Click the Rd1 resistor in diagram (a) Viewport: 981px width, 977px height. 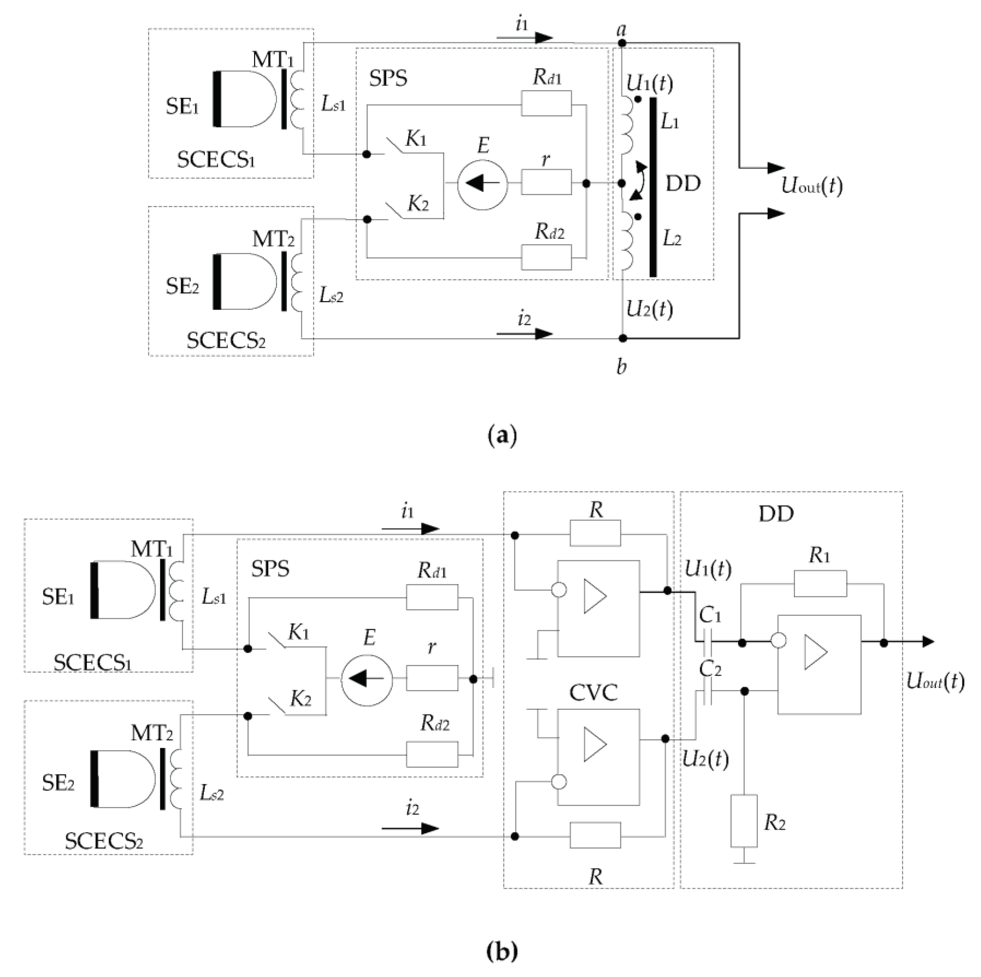point(546,104)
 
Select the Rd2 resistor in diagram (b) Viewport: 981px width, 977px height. point(432,755)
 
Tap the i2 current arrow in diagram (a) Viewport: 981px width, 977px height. point(525,334)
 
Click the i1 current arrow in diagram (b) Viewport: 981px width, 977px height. point(410,529)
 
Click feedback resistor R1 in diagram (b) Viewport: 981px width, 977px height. point(820,584)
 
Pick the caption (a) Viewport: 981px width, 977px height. point(502,436)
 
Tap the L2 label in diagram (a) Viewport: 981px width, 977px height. point(672,239)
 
